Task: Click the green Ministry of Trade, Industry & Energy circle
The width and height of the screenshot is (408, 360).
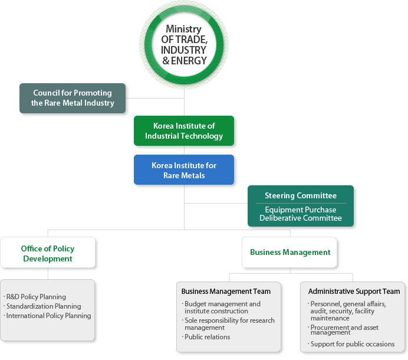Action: click(x=184, y=45)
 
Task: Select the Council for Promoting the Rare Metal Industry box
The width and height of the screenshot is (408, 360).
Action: click(x=73, y=98)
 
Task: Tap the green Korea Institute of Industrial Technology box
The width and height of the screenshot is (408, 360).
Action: click(x=184, y=131)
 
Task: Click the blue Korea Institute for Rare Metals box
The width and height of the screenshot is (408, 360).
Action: click(x=184, y=170)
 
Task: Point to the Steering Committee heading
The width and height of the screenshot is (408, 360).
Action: click(x=301, y=195)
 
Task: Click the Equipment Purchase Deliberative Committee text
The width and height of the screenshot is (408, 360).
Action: click(x=301, y=214)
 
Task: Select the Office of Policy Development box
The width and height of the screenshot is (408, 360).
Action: click(x=48, y=253)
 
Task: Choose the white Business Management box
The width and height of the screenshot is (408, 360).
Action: click(x=289, y=252)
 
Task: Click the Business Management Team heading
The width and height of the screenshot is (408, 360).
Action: click(x=226, y=291)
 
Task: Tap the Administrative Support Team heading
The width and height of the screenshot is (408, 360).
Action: click(x=354, y=291)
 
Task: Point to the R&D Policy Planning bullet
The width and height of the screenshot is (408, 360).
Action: click(x=35, y=297)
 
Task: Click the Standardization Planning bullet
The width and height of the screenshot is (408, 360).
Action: click(x=42, y=306)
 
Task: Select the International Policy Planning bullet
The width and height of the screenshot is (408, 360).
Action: click(x=47, y=316)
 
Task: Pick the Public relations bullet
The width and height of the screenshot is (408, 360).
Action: click(x=206, y=337)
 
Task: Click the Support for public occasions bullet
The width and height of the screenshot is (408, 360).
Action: click(x=351, y=344)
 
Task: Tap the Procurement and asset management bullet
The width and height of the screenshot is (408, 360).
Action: click(x=343, y=330)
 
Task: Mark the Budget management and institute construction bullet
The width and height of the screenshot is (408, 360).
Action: click(x=221, y=307)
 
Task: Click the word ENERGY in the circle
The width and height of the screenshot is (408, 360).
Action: click(x=189, y=61)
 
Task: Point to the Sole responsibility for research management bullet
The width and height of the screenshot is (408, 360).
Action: click(x=228, y=324)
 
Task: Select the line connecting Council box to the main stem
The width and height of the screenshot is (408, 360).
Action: click(x=155, y=98)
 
